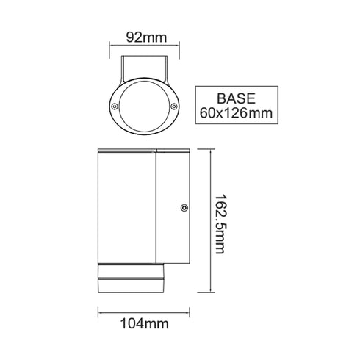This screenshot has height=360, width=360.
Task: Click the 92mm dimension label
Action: [144, 35]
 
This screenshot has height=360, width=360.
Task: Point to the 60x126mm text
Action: [235, 112]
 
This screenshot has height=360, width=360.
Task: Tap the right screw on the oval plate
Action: [174, 108]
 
